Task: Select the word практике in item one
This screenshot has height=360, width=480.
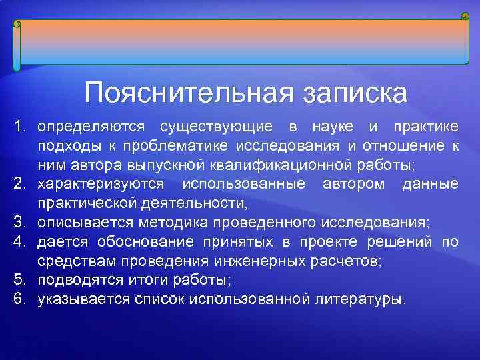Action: click(x=425, y=126)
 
